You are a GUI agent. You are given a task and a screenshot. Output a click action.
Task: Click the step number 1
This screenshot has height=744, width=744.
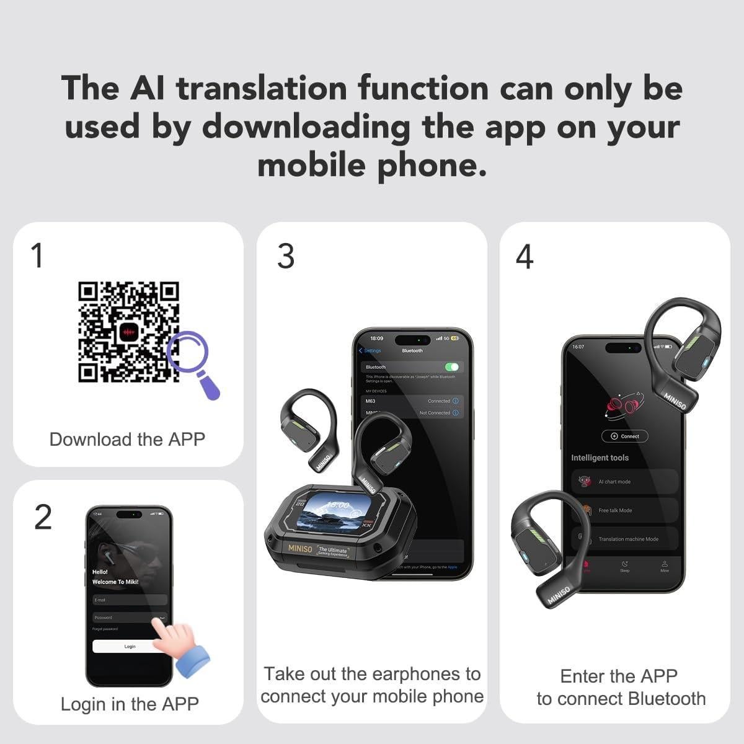point(37,255)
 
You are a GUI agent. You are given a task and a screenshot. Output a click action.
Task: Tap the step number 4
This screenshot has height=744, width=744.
point(525,257)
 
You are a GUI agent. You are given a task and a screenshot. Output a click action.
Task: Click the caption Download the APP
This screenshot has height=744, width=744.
point(127,439)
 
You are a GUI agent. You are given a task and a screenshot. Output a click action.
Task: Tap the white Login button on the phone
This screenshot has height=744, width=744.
point(129,646)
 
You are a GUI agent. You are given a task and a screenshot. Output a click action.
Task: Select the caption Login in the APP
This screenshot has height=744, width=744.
point(130,704)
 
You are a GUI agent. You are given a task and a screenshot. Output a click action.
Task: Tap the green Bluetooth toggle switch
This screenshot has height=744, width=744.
point(451,367)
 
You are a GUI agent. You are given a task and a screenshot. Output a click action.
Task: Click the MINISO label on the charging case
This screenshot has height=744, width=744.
point(301,548)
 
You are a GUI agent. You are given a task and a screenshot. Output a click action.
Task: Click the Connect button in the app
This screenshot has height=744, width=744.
point(625,436)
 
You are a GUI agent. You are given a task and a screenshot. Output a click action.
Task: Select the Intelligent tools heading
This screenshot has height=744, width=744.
point(600,458)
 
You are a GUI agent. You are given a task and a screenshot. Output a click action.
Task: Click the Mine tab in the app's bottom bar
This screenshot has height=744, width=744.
point(664,566)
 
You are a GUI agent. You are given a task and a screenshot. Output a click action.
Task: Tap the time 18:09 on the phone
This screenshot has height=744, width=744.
point(376,339)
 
